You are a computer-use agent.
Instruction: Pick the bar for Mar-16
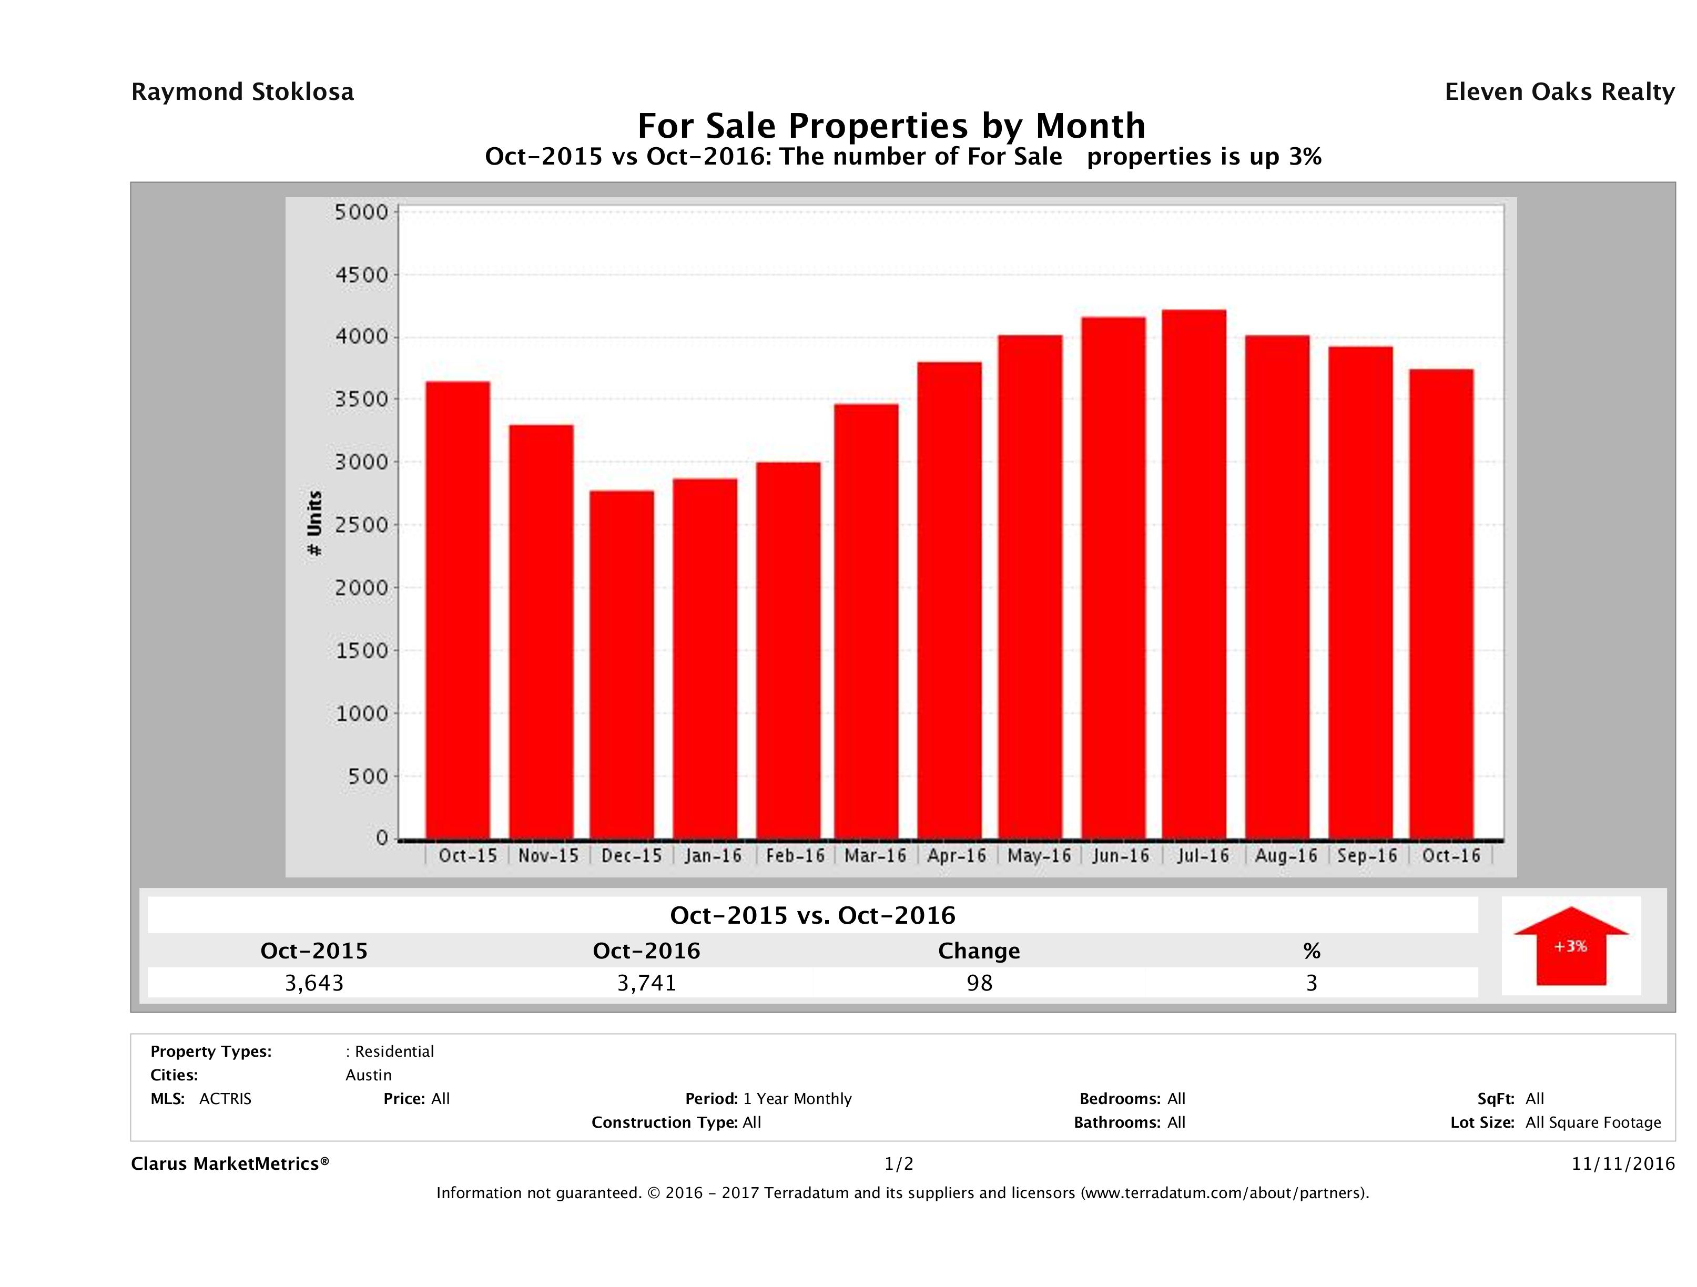coord(866,621)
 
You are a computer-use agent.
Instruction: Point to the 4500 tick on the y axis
coord(362,274)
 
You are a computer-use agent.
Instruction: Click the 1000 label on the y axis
coord(362,713)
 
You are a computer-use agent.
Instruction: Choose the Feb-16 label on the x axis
coord(795,856)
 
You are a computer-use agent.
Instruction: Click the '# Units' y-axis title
coord(314,523)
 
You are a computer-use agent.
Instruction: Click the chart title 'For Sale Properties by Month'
coord(891,125)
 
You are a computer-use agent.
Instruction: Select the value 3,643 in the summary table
coord(314,983)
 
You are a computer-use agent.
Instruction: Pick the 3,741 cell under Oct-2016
coord(647,983)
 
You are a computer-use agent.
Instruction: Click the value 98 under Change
coord(980,983)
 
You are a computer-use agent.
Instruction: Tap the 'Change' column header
coord(979,951)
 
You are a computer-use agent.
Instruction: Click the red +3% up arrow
coord(1570,946)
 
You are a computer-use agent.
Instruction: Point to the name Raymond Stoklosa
coord(242,92)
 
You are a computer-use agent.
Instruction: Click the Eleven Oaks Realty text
coord(1560,92)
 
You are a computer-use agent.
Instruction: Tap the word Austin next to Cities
coord(368,1075)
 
